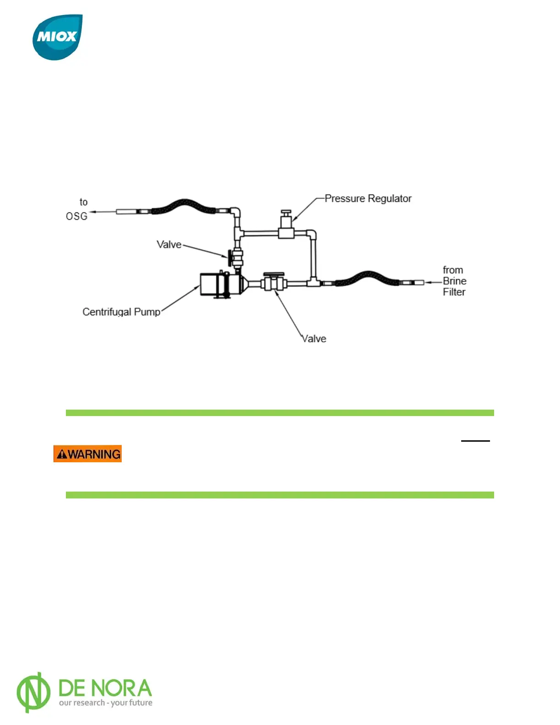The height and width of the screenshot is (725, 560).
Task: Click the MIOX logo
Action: [58, 37]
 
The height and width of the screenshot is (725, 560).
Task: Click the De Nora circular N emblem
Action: [33, 692]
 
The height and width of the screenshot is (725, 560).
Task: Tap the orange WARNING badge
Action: [87, 454]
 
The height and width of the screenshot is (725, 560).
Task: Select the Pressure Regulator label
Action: [368, 199]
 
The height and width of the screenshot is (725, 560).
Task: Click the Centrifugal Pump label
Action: [121, 312]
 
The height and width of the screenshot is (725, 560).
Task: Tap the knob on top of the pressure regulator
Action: [286, 213]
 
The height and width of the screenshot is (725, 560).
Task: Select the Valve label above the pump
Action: [169, 244]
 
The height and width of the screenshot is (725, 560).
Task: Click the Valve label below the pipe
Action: [314, 339]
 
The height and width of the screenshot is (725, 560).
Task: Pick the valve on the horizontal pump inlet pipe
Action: [274, 283]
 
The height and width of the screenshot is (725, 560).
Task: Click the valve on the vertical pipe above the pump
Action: [237, 258]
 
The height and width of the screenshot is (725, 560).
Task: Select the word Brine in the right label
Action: [454, 281]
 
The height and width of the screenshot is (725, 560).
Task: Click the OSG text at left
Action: [76, 216]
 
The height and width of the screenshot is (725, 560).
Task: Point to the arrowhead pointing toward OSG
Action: [92, 212]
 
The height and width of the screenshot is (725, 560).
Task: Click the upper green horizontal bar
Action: [280, 413]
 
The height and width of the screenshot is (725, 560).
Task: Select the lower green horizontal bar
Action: [280, 495]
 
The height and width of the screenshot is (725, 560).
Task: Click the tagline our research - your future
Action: [106, 703]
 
